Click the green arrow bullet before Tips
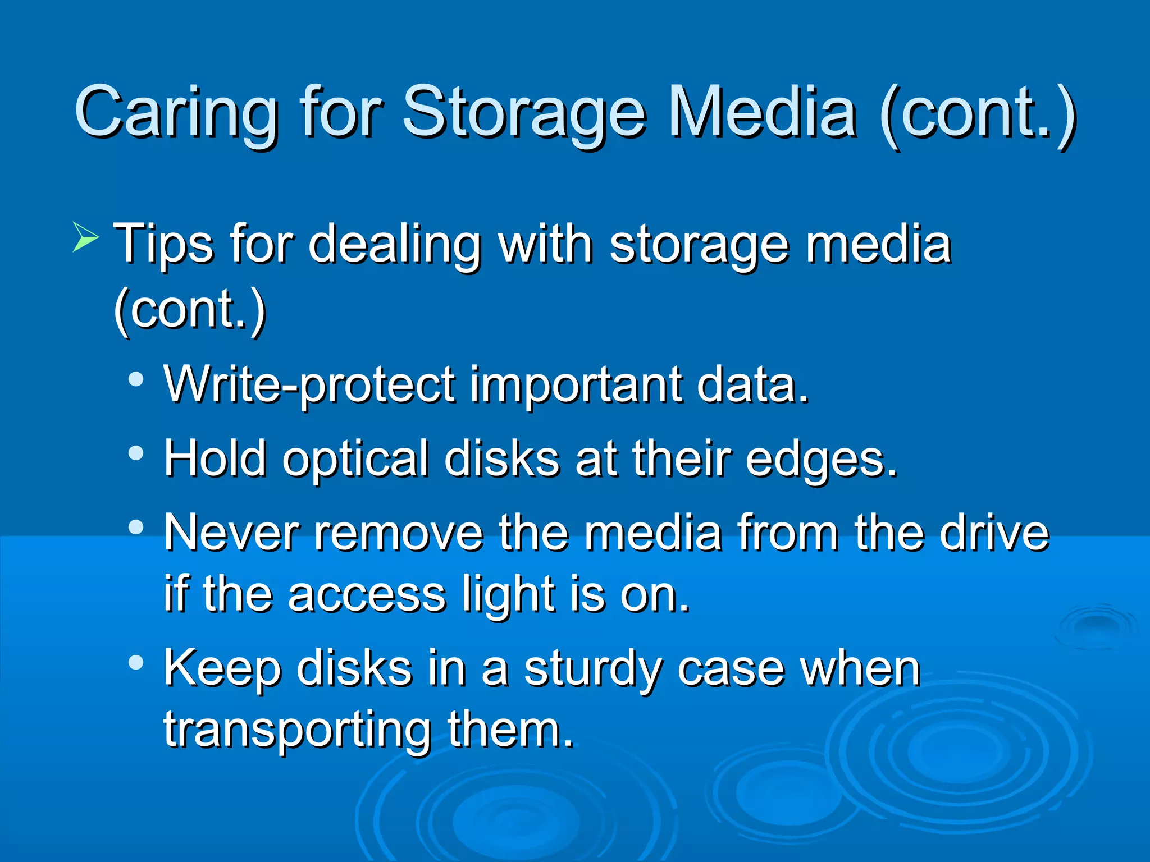pos(85,237)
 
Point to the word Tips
pos(163,244)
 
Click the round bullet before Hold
pos(135,453)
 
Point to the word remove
pos(399,533)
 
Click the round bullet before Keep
pos(135,663)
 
